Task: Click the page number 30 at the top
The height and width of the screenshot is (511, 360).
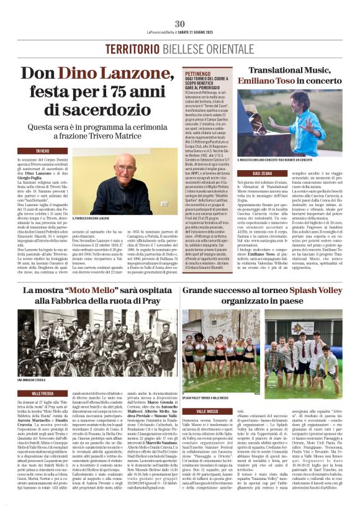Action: point(180,24)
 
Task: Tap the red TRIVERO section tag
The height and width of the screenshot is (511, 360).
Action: point(43,151)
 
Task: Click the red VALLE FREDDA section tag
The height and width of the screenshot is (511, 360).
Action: point(43,393)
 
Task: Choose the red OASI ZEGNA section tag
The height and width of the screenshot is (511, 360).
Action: point(263,173)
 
